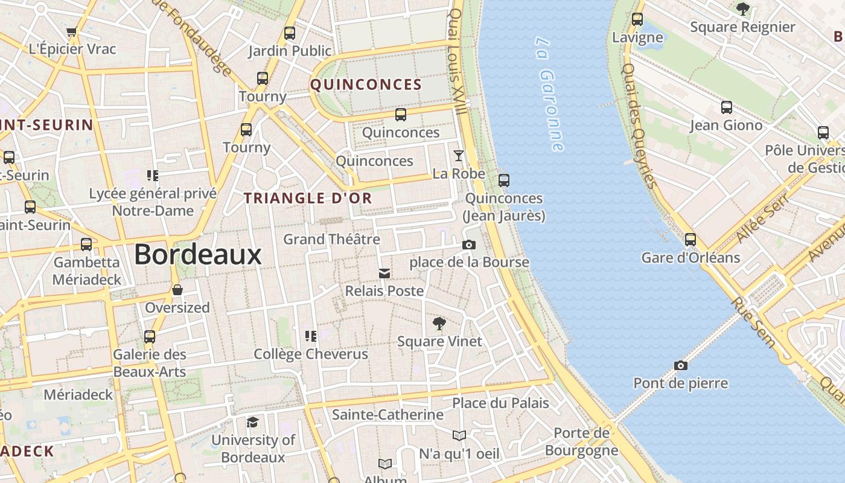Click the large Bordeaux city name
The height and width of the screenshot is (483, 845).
[197, 254]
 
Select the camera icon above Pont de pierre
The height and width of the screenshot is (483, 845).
[681, 365]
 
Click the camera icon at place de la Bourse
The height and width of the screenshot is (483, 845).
[468, 245]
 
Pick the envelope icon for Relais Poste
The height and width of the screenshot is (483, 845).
[384, 273]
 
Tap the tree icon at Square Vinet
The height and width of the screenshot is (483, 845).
[439, 324]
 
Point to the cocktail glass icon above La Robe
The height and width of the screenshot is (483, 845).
[459, 156]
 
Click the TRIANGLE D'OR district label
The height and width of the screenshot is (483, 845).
[308, 198]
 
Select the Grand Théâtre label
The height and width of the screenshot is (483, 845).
[331, 239]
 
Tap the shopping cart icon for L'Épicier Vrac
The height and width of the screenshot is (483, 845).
[72, 31]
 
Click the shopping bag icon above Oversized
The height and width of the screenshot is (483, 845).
[177, 290]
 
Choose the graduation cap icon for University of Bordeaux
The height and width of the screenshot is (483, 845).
[253, 422]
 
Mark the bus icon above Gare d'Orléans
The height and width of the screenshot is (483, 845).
[690, 240]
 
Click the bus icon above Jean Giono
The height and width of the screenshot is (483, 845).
[727, 107]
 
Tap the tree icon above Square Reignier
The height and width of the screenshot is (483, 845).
[742, 9]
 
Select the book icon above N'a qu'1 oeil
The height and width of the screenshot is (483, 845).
[459, 435]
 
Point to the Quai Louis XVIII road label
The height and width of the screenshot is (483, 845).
[457, 60]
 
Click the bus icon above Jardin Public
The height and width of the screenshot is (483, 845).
[290, 33]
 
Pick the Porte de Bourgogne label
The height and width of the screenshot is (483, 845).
[582, 441]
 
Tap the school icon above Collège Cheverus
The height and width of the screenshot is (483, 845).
[311, 336]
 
